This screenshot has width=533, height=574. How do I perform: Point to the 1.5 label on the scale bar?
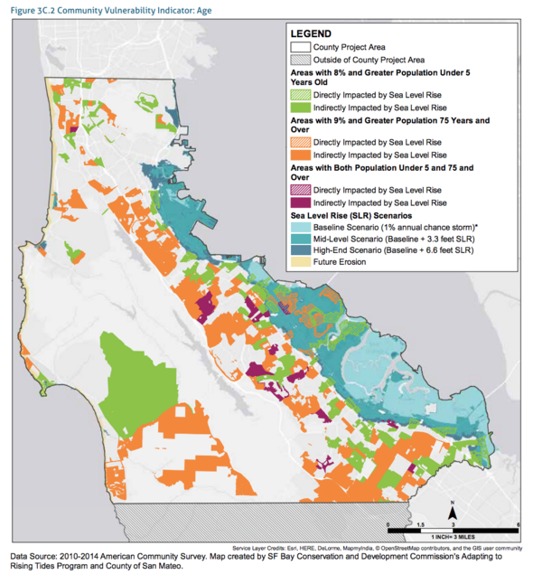[420, 524]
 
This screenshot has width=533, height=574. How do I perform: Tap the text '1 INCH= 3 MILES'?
[452, 538]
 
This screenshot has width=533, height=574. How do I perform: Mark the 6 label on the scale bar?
[518, 524]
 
